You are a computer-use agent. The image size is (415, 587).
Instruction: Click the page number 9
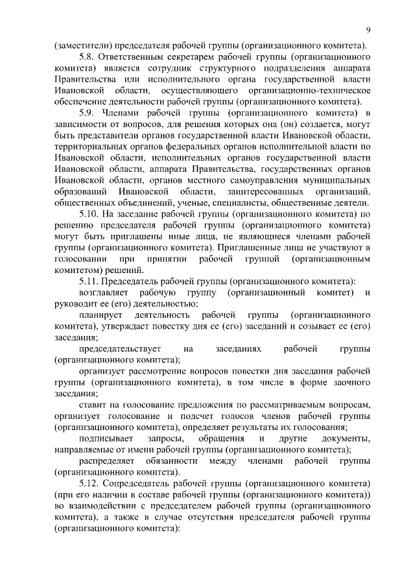point(368,30)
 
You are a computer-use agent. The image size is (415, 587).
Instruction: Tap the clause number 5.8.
point(87,57)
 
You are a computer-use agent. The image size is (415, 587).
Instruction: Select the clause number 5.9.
point(87,114)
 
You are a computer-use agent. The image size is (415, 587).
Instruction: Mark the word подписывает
point(106,438)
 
